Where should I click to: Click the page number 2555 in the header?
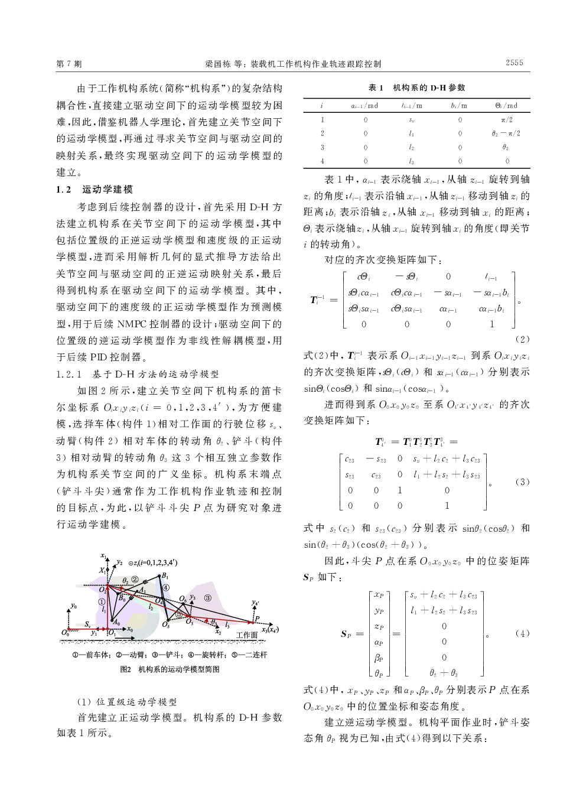point(514,63)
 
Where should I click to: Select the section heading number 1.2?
point(63,190)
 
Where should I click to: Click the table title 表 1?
point(376,87)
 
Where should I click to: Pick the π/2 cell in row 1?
point(506,120)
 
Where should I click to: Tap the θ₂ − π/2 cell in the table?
point(506,134)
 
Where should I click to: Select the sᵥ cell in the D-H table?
point(411,120)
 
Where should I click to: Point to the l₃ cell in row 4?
point(411,161)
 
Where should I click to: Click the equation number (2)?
point(522,339)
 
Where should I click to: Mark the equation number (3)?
point(522,482)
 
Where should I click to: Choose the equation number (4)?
point(522,633)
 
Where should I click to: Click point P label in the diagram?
point(256,619)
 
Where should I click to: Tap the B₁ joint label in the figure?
point(165,576)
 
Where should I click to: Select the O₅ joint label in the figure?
point(167,624)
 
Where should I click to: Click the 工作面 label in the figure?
point(247,635)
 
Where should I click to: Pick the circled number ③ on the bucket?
point(207,598)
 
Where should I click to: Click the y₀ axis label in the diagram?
point(73,606)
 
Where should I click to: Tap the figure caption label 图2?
point(126,670)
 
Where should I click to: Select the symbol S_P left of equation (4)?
point(347,634)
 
